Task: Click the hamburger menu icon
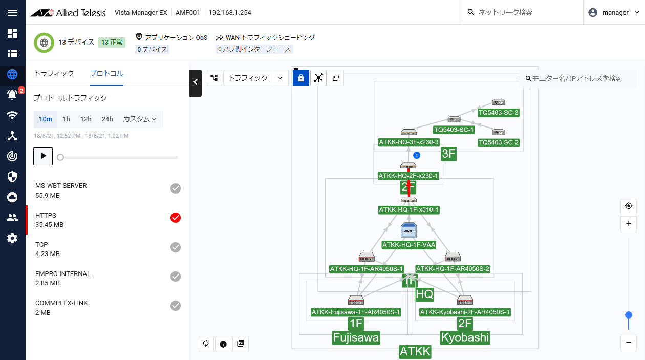pos(12,13)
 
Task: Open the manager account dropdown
pos(614,13)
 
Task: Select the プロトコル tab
pos(106,73)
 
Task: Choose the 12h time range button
pos(86,119)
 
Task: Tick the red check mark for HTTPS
pos(176,218)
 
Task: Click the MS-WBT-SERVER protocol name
pos(61,186)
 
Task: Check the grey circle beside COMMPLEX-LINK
pos(176,306)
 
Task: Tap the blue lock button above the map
pos(301,78)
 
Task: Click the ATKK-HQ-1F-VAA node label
pos(409,245)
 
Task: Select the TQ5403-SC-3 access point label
pos(499,113)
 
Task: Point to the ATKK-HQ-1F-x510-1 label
pos(409,210)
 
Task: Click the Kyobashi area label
pos(465,338)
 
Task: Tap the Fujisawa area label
pos(356,338)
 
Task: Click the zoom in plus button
pos(629,224)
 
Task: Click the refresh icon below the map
pos(206,344)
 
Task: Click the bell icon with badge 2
pos(12,94)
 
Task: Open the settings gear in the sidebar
pos(12,238)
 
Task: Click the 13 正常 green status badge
pos(112,43)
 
